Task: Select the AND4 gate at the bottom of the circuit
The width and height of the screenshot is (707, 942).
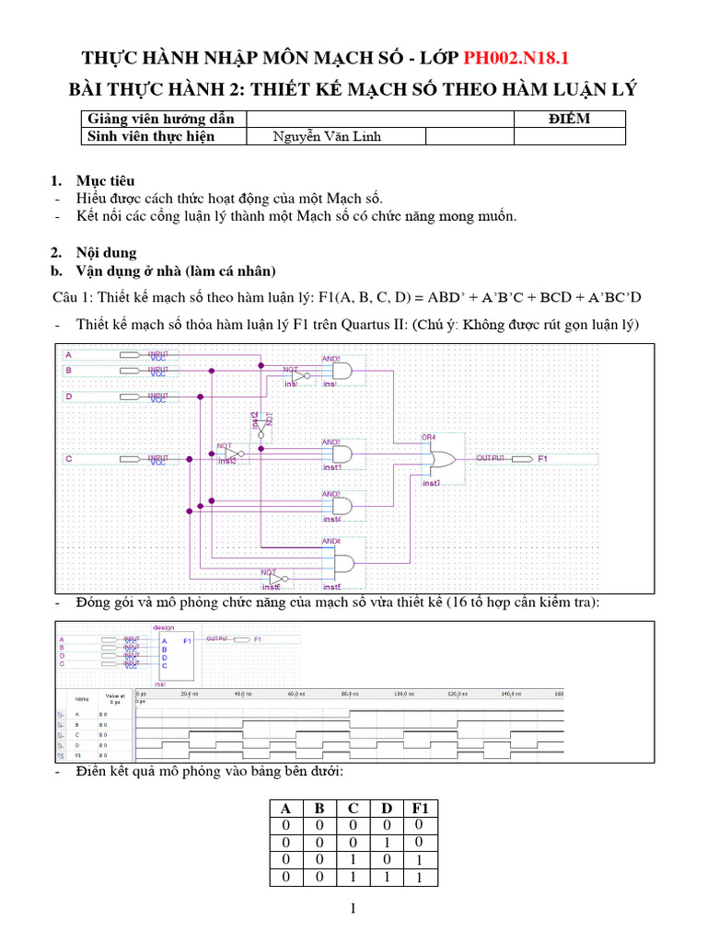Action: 342,563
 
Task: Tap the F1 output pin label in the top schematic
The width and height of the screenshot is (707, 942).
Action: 543,458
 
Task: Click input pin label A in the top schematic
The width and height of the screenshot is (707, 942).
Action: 68,354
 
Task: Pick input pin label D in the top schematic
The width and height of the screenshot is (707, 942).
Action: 68,396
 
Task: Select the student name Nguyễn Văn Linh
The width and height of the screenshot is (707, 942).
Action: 327,137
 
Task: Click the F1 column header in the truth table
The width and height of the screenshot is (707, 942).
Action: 420,808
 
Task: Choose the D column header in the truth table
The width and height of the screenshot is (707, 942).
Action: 387,808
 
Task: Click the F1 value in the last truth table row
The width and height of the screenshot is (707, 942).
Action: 420,878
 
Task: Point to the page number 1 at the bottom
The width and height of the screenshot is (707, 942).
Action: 353,910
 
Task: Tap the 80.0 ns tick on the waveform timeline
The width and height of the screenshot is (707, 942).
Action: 348,694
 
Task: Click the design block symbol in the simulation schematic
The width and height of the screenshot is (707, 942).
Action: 175,654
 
